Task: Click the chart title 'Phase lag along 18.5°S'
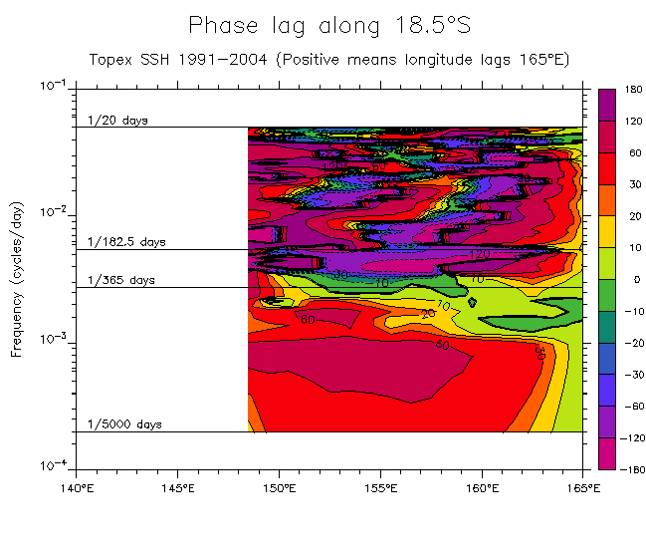[x=329, y=25]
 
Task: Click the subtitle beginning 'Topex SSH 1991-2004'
[x=329, y=59]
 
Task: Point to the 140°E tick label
[x=76, y=488]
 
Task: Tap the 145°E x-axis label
[x=177, y=488]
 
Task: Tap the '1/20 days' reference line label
[x=117, y=121]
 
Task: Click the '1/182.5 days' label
[x=126, y=242]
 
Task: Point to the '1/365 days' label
[x=121, y=281]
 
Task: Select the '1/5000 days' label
[x=124, y=424]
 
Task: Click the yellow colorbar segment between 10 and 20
[x=606, y=231]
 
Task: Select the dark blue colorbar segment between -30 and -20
[x=606, y=358]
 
